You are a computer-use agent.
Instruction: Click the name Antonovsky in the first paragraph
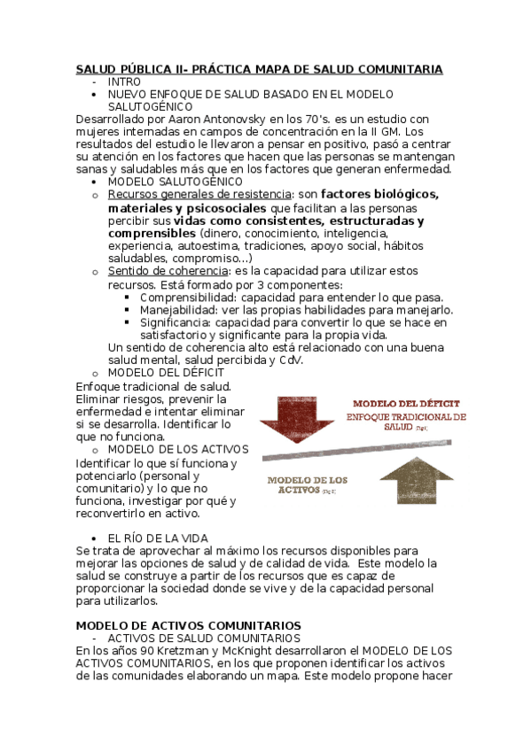tap(234, 119)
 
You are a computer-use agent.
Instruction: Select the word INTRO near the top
tap(123, 81)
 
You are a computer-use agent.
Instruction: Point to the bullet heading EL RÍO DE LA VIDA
tap(158, 538)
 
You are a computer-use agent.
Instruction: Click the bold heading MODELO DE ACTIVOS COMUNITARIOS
tap(188, 625)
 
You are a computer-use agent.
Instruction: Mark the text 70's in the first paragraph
tap(302, 119)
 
